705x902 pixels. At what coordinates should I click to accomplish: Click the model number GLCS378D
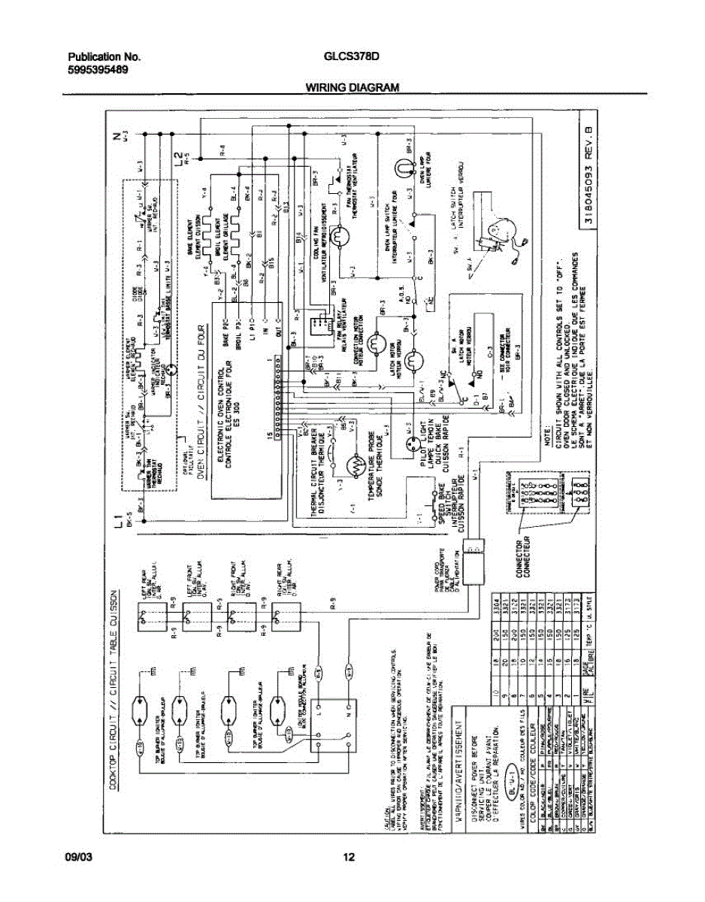point(351,56)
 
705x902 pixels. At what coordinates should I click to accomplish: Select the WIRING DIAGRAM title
point(352,88)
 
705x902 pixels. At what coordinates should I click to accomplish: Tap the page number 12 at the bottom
point(349,858)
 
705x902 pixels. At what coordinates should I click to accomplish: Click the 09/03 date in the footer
point(77,858)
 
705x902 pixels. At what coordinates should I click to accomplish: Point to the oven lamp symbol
point(404,167)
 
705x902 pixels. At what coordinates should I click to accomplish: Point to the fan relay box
point(319,324)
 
